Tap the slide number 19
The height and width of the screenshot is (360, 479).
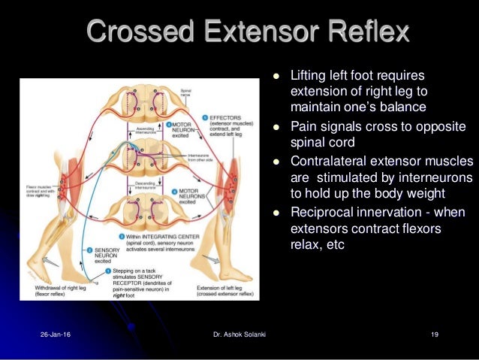(x=435, y=334)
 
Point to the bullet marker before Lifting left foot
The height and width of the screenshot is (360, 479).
(x=276, y=76)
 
